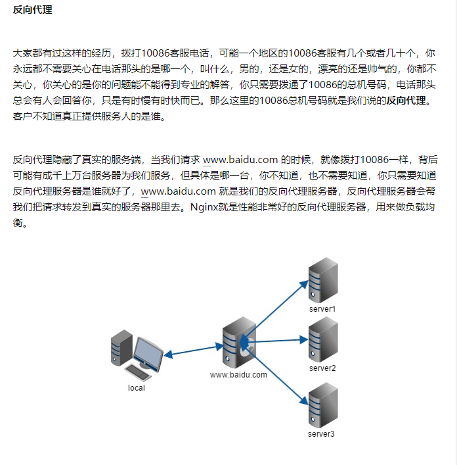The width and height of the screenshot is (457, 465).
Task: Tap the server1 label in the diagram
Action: coord(322,308)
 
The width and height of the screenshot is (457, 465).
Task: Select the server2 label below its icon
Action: coord(322,368)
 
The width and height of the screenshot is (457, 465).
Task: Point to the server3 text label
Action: coord(321,433)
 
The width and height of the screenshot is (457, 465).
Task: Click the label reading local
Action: coord(137,387)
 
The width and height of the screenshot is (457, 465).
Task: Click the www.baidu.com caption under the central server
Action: coord(238,375)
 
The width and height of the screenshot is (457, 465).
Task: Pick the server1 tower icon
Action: coord(324,280)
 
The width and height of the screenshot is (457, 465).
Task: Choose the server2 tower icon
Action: coord(323,339)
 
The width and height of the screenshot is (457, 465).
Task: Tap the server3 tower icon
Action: coord(322,405)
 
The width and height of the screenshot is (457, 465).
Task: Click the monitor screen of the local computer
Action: coord(148,355)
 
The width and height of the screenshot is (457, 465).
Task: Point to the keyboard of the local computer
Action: coord(138,373)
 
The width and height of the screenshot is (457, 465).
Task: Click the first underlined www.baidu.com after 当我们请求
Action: coord(241,160)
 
